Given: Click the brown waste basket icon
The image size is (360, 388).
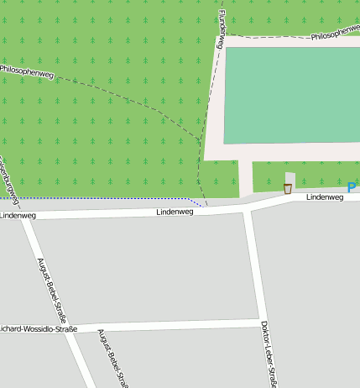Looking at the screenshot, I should [x=288, y=189].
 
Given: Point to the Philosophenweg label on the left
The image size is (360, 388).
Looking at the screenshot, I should [x=26, y=72].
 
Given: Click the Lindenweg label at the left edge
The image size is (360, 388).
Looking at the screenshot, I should [x=18, y=216].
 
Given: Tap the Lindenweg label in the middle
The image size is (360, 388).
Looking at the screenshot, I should [x=175, y=212].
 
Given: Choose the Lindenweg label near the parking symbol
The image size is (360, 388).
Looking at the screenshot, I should [x=324, y=197].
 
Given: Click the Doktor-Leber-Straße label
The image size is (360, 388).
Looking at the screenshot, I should [x=268, y=354].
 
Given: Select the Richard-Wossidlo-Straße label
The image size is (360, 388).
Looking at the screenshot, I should [x=38, y=328].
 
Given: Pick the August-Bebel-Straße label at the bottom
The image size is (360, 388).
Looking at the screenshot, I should [x=112, y=359].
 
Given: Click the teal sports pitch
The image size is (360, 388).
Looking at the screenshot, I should [x=292, y=95].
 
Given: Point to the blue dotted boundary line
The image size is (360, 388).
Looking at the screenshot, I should [x=101, y=198].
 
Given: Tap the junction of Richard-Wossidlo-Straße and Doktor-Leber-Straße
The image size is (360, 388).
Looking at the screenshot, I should [x=259, y=322].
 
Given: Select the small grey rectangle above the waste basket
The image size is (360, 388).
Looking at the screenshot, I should [x=290, y=177].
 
